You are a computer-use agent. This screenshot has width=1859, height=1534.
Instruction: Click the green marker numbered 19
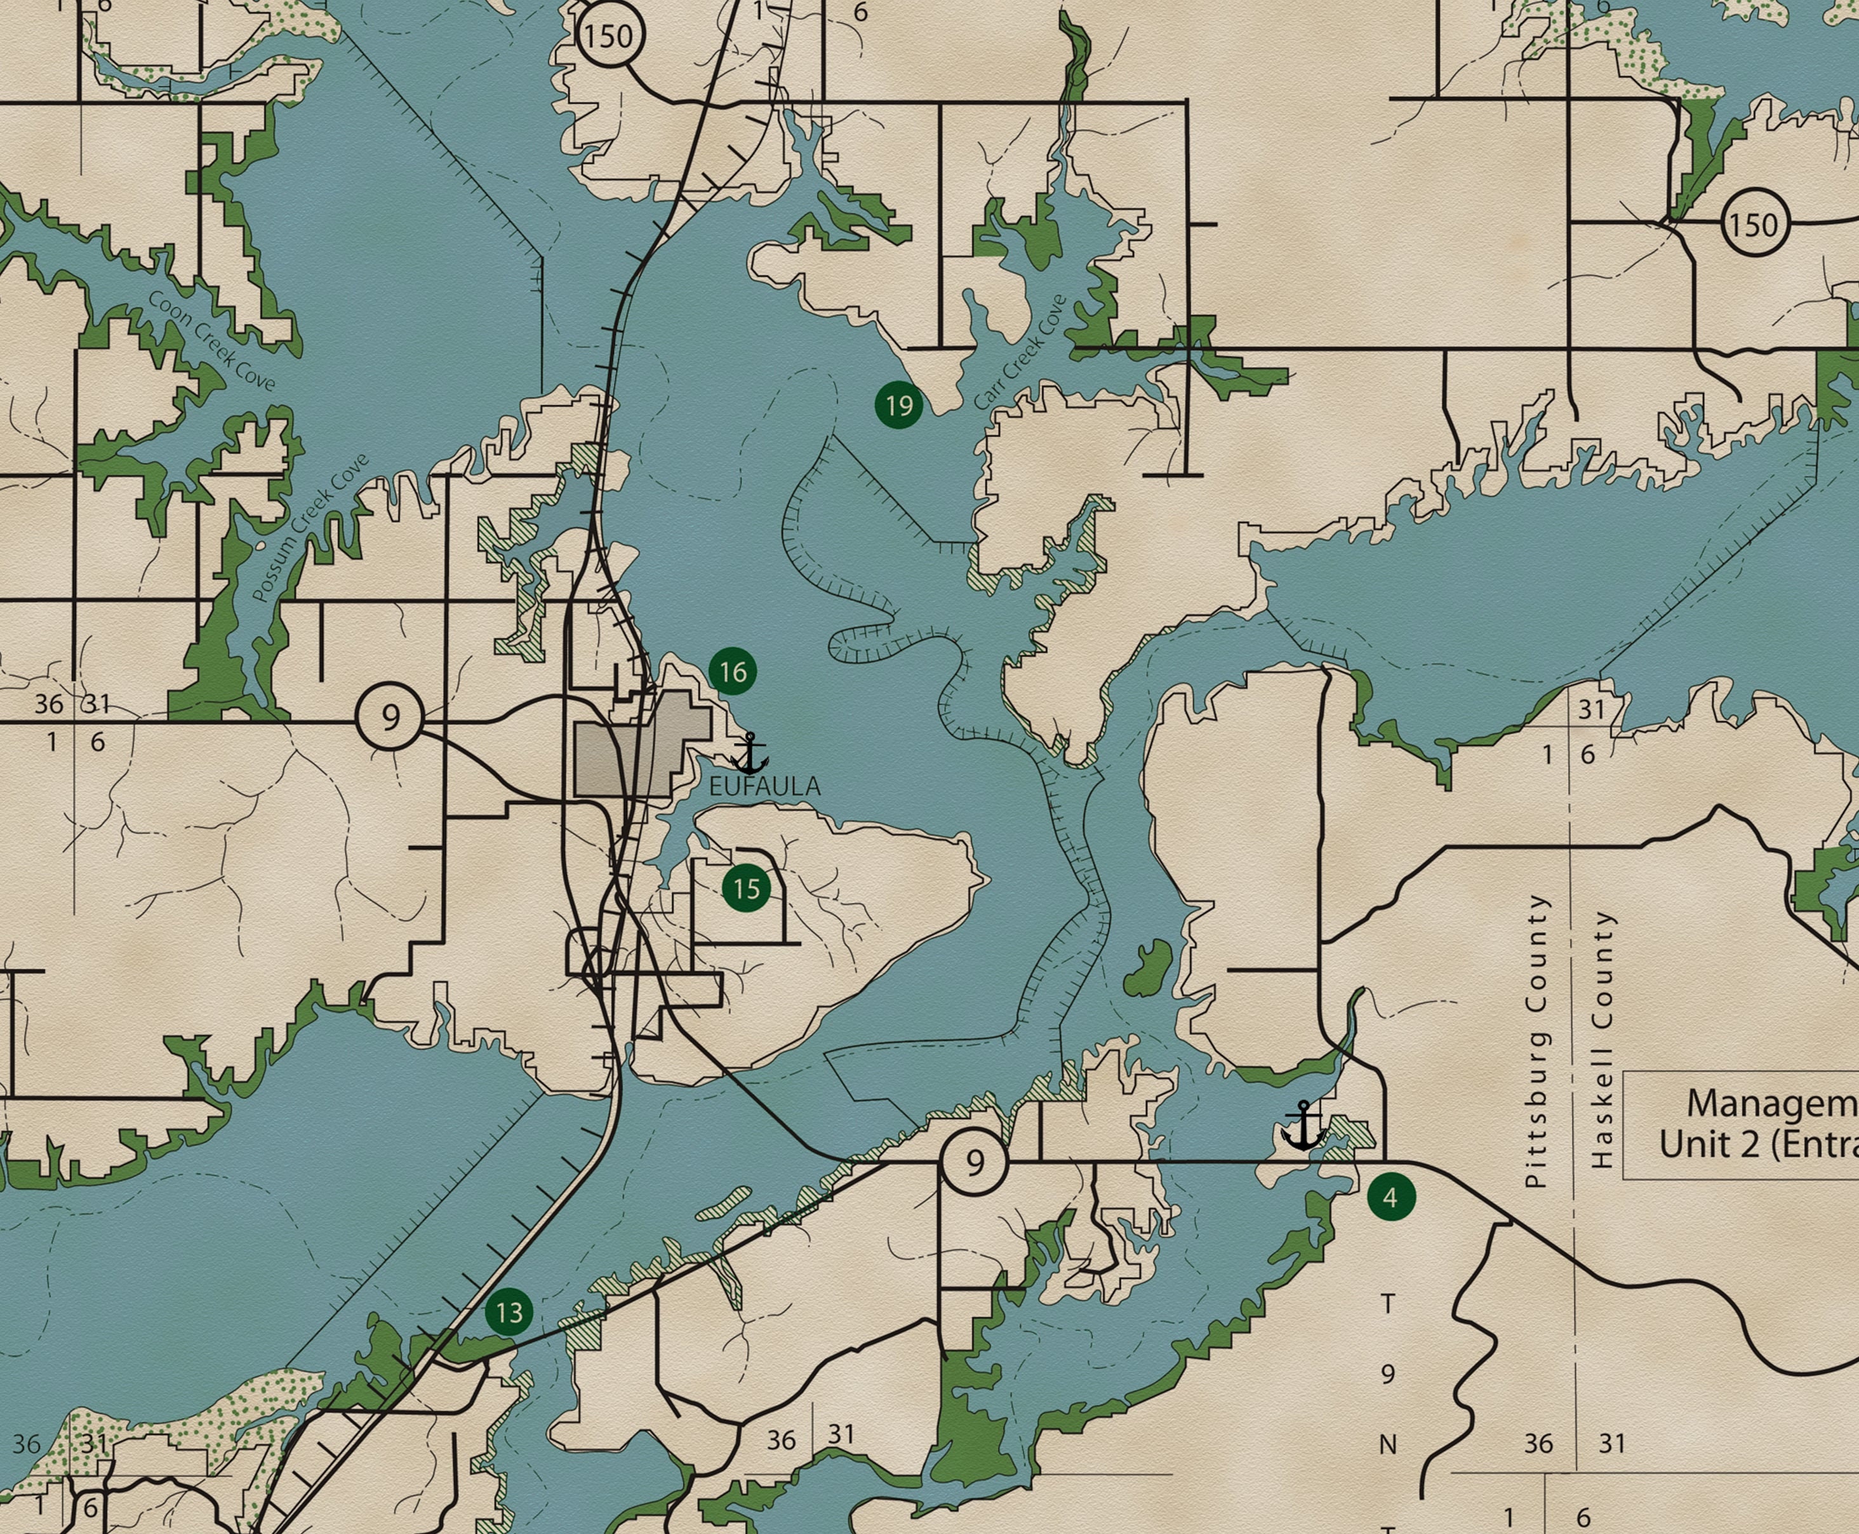click(898, 406)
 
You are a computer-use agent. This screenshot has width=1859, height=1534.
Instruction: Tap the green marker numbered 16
click(733, 672)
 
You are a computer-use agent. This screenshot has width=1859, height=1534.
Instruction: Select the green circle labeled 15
click(747, 888)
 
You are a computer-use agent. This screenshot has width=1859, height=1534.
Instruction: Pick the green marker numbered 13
click(509, 1312)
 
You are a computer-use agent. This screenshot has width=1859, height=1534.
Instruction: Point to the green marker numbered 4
click(1390, 1197)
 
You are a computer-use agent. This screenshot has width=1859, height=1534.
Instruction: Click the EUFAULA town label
click(764, 785)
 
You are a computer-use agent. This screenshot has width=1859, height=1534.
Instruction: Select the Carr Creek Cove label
click(1020, 352)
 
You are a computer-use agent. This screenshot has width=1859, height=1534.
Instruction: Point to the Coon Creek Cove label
click(212, 340)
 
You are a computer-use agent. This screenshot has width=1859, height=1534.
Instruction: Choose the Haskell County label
click(1601, 1039)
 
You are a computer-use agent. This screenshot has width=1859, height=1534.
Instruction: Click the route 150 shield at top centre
click(610, 36)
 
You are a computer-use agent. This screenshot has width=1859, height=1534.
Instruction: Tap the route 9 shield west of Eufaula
click(390, 717)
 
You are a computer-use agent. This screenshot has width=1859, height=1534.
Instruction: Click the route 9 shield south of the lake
click(974, 1163)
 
